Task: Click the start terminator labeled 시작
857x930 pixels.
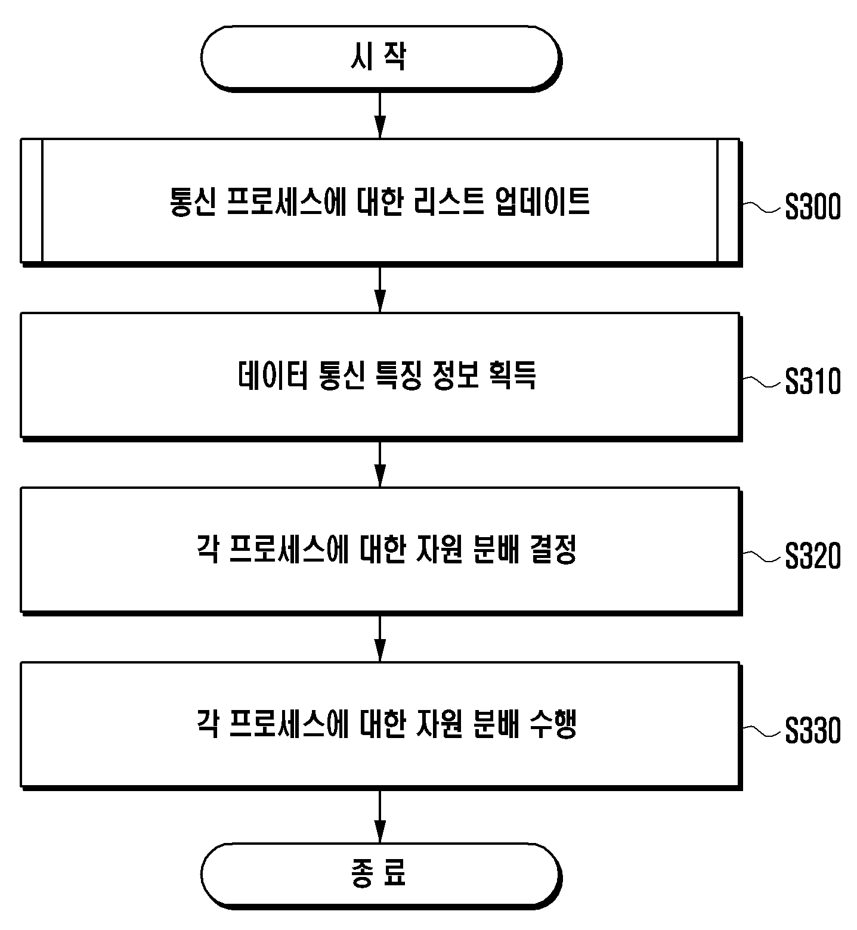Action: (380, 58)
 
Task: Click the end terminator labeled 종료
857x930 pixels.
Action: (380, 875)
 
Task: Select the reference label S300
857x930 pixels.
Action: (812, 207)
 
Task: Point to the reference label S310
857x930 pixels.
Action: (812, 382)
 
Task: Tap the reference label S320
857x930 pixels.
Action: (812, 556)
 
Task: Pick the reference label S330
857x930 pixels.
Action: (812, 731)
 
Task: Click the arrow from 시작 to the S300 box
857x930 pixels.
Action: (380, 114)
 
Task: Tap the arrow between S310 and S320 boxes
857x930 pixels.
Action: (380, 463)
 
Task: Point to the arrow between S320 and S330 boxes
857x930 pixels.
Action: (380, 637)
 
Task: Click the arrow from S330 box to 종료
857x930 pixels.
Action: (380, 816)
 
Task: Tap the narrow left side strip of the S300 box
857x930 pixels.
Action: (32, 200)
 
